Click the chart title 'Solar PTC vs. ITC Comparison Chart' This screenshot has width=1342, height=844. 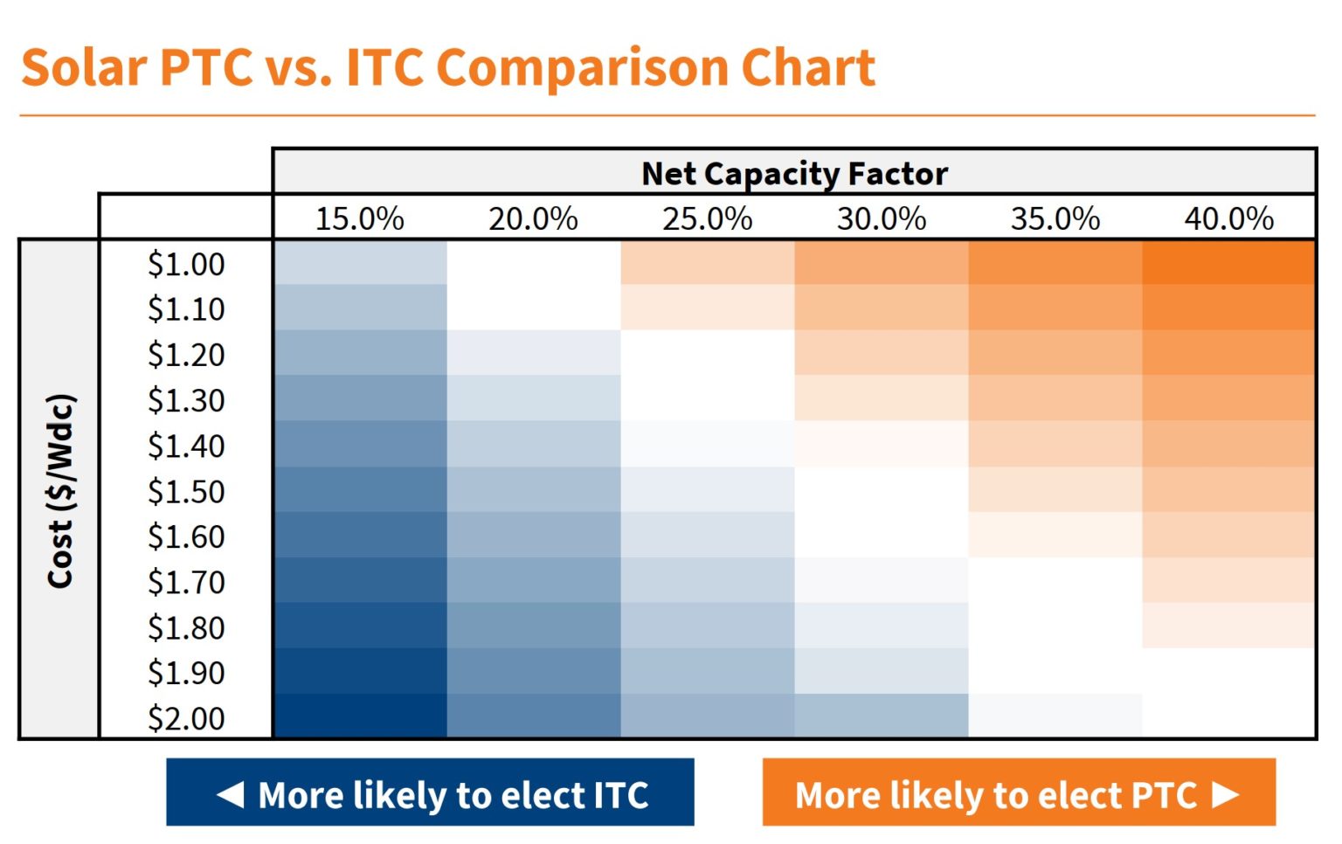(x=447, y=67)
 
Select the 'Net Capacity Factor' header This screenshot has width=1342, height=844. (x=793, y=173)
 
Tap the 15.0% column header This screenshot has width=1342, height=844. (x=359, y=218)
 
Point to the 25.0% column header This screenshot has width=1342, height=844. (x=707, y=218)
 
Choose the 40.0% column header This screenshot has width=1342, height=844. (x=1228, y=218)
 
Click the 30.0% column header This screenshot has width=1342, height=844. (x=881, y=218)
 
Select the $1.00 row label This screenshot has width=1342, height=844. (x=186, y=264)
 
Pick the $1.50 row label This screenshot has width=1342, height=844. (x=186, y=491)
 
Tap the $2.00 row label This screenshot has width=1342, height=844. (x=186, y=718)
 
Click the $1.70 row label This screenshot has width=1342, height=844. (x=186, y=582)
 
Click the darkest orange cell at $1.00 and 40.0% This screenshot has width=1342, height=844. (x=1228, y=263)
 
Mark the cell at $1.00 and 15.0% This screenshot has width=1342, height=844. (x=359, y=263)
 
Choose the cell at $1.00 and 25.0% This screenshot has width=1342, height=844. (x=707, y=263)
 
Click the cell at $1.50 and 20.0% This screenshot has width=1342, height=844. (x=533, y=490)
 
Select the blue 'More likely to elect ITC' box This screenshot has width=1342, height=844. (x=430, y=792)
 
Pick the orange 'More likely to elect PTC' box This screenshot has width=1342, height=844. (x=1018, y=792)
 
